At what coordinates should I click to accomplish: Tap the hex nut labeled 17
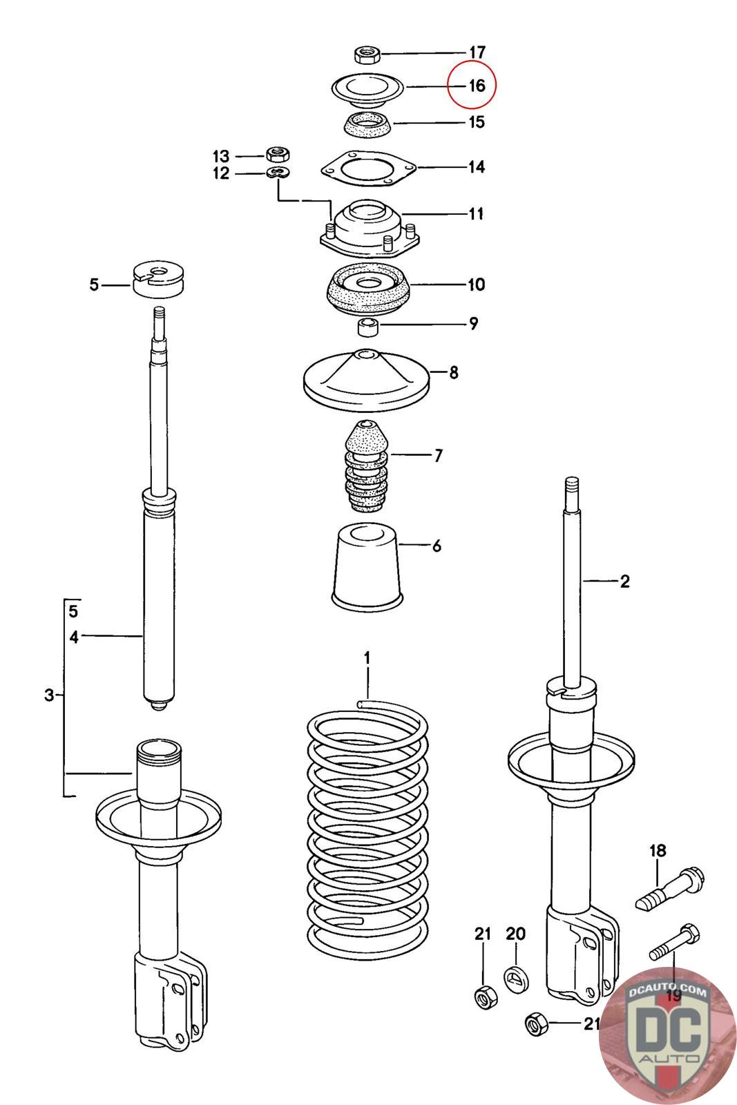(x=364, y=53)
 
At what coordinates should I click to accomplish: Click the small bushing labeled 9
(x=368, y=325)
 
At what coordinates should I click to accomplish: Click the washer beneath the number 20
(x=515, y=977)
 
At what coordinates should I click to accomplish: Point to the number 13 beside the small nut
(x=220, y=156)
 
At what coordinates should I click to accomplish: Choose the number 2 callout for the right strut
(x=624, y=582)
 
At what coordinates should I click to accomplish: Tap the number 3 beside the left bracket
(x=48, y=695)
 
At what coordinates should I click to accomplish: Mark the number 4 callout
(x=74, y=637)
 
